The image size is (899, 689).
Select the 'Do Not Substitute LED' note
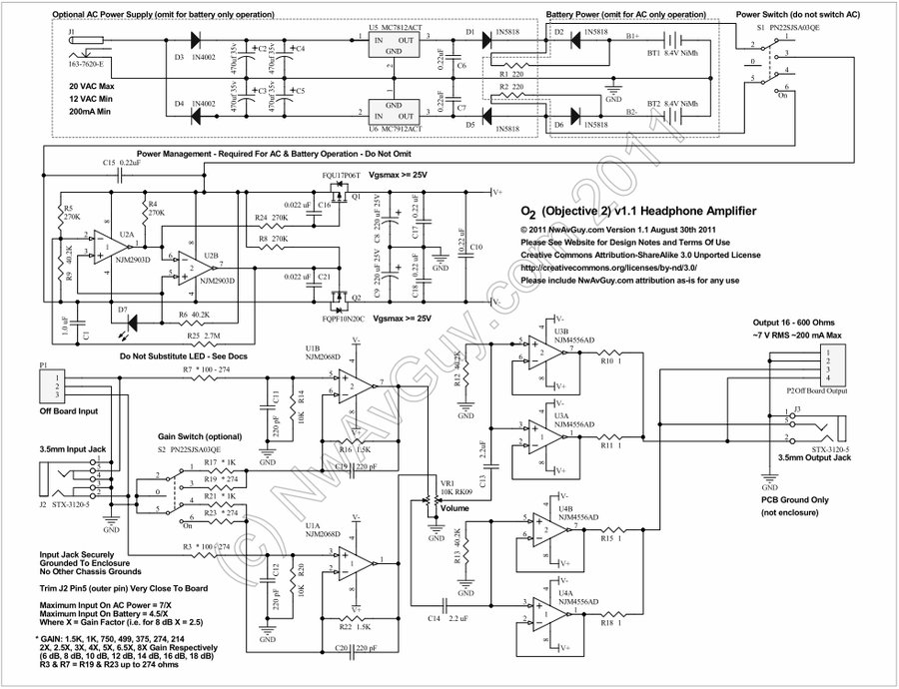point(182,356)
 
